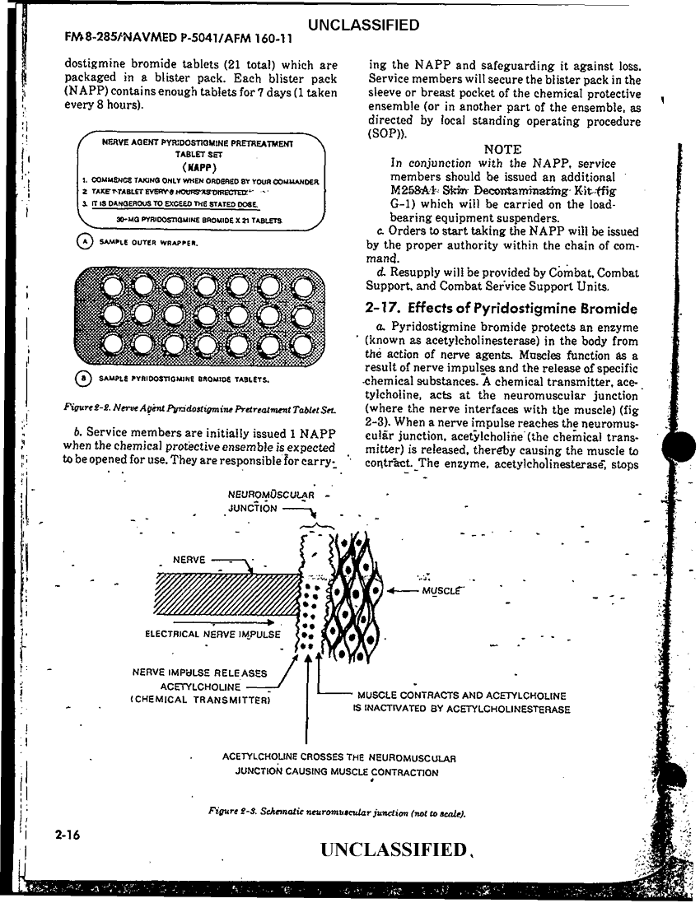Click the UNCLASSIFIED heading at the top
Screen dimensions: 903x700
[362, 26]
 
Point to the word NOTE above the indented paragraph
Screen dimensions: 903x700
[502, 150]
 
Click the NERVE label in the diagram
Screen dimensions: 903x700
[189, 561]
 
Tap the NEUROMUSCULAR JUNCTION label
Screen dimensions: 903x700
[258, 501]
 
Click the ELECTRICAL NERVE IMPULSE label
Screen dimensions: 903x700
[212, 635]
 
